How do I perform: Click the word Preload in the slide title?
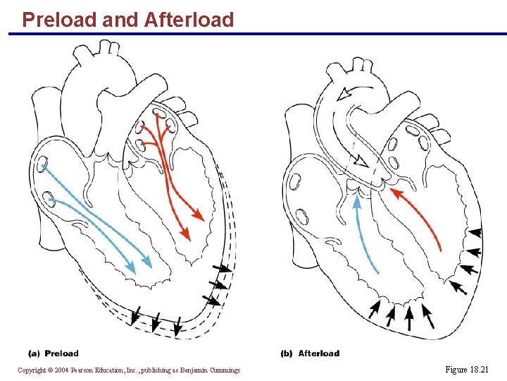pyautogui.click(x=59, y=20)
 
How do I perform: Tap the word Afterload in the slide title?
pyautogui.click(x=189, y=20)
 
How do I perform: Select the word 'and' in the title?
pyautogui.click(x=120, y=20)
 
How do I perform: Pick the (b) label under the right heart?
pyautogui.click(x=287, y=353)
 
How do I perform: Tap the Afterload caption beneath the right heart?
pyautogui.click(x=318, y=353)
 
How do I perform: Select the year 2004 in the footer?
pyautogui.click(x=62, y=370)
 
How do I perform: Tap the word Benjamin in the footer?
pyautogui.click(x=199, y=370)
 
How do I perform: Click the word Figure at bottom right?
pyautogui.click(x=456, y=370)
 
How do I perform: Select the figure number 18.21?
pyautogui.click(x=480, y=370)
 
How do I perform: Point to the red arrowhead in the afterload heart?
pyautogui.click(x=396, y=191)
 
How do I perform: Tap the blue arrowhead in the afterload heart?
pyautogui.click(x=357, y=202)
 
